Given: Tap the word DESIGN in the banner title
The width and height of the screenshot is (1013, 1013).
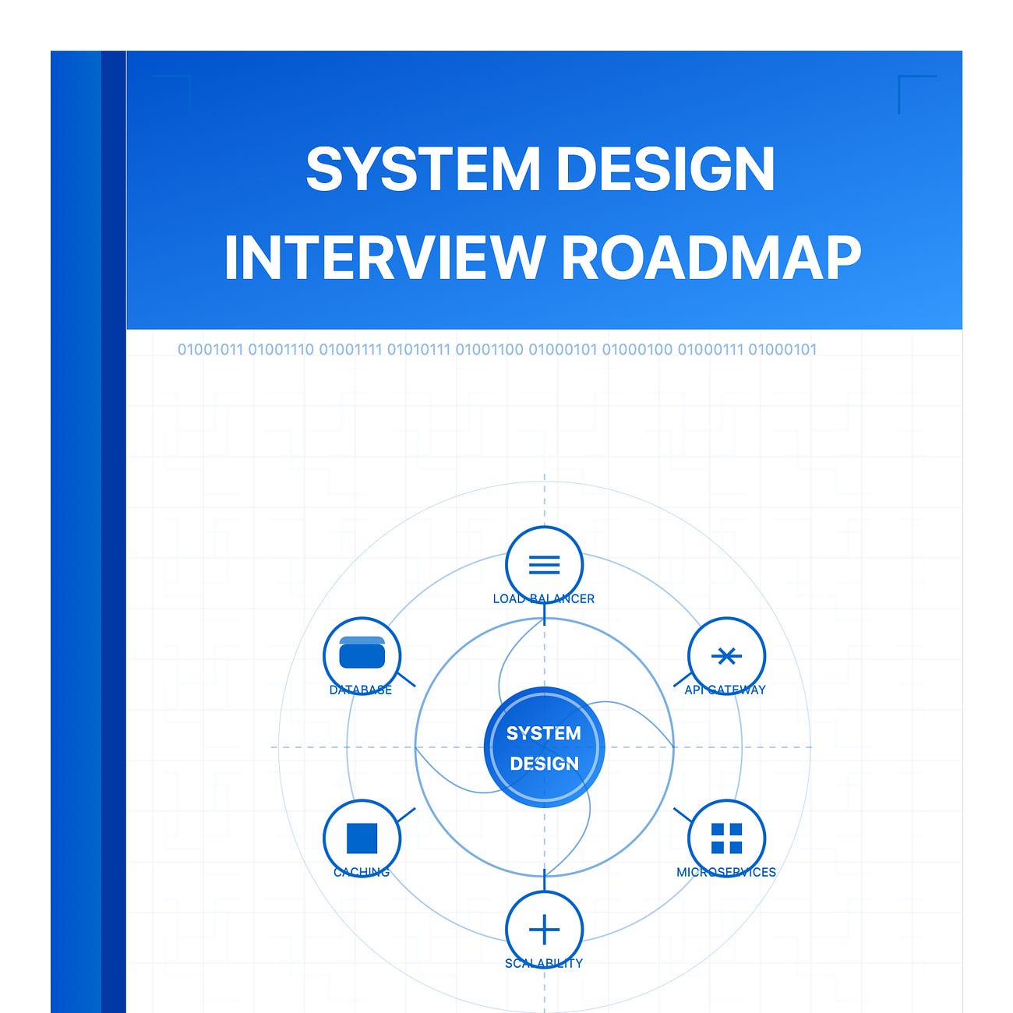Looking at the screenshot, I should [665, 169].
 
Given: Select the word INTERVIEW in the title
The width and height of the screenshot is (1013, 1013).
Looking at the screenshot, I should [383, 257].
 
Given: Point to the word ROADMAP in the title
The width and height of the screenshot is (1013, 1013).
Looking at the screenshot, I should [711, 257].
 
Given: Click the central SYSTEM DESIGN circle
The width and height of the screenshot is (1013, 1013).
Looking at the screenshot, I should [544, 747].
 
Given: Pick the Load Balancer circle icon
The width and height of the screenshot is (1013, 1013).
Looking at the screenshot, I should [544, 565].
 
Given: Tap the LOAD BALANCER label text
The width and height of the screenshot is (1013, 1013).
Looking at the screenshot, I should [544, 598].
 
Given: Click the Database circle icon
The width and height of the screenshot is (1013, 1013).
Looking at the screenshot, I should [362, 655].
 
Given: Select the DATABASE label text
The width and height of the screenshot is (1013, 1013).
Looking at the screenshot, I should [361, 690].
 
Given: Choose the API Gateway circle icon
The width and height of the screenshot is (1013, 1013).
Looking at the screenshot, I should [726, 655].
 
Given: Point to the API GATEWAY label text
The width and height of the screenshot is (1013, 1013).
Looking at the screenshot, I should [725, 690].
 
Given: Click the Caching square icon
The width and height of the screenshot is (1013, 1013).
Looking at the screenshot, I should [362, 838].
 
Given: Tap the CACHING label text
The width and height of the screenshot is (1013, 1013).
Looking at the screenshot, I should [362, 872].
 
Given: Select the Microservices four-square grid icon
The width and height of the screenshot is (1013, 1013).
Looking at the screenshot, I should [726, 838].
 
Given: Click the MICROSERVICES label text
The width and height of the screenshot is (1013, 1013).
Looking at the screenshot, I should [726, 872].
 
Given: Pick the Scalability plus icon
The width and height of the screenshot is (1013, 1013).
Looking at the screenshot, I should [544, 930].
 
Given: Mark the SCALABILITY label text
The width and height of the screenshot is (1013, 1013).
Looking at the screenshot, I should [544, 963].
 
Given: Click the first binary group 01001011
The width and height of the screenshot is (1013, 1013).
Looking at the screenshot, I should [210, 350].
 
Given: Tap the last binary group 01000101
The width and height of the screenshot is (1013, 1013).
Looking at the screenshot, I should [782, 350].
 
